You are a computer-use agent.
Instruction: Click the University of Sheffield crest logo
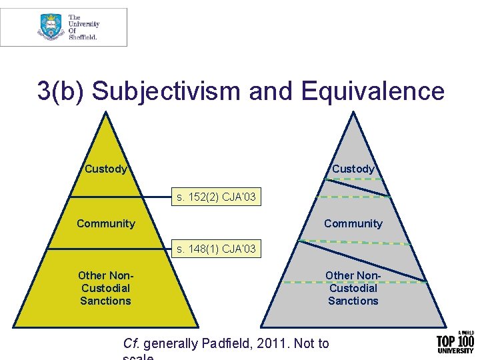pos(51,27)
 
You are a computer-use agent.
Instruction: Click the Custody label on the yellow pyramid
pos(105,169)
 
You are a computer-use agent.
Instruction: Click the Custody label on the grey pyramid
pos(353,169)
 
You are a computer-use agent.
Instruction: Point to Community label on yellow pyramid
pos(105,223)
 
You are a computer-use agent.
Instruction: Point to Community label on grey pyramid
pos(353,223)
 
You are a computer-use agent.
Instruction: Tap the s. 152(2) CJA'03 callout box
pos(215,197)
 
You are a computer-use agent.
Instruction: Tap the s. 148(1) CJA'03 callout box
pos(215,250)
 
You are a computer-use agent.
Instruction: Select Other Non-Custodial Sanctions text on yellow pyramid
pos(105,288)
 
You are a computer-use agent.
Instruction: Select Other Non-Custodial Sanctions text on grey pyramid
pos(353,288)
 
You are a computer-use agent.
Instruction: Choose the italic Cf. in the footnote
pos(131,343)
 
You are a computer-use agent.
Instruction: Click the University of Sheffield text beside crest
pos(83,27)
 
